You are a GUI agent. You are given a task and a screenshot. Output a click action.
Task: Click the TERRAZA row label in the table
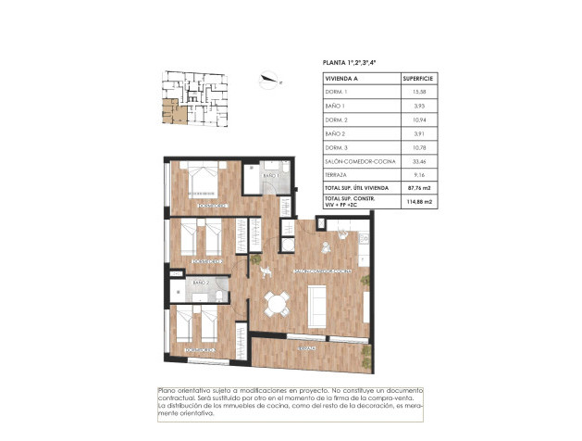(x=336, y=174)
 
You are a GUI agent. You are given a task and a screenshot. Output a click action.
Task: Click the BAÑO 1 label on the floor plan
(x=271, y=175)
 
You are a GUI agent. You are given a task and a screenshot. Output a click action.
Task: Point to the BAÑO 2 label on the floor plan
(x=201, y=283)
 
